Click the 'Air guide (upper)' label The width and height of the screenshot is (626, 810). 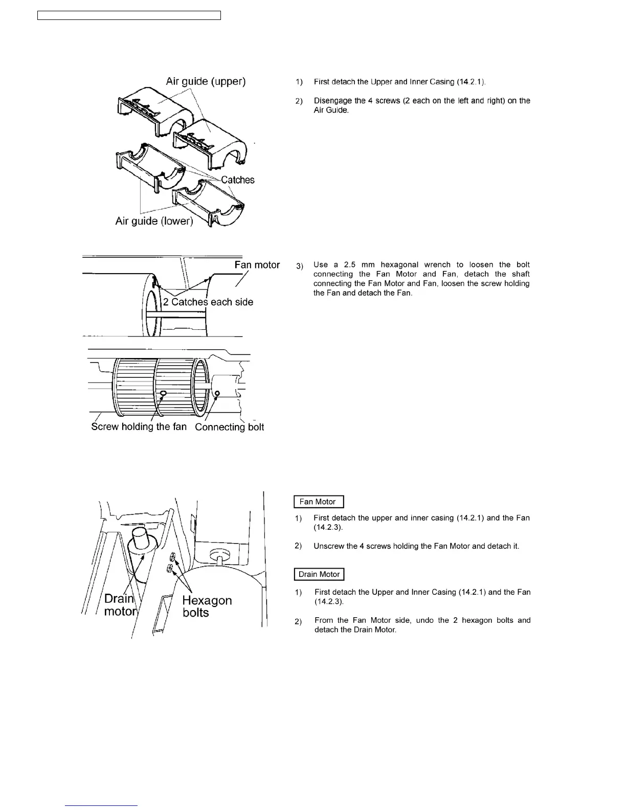click(206, 81)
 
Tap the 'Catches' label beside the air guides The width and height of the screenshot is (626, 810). click(237, 180)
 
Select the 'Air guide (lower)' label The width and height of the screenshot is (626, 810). click(154, 221)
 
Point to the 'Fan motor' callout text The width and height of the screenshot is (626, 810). click(257, 265)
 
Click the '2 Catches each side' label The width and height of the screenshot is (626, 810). click(208, 302)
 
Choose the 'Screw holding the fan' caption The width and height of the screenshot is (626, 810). click(139, 426)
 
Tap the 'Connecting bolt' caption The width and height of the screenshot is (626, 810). click(229, 427)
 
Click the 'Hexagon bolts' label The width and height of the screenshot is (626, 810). click(207, 606)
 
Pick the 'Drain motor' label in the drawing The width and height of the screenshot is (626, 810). click(120, 605)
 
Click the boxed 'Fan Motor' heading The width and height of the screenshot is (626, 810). click(318, 502)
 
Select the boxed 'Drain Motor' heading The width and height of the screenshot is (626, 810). click(319, 574)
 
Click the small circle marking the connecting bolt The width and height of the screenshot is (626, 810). click(217, 394)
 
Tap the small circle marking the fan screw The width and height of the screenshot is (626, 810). click(164, 393)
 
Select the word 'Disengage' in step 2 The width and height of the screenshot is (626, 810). click(332, 101)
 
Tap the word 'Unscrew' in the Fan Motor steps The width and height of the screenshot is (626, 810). click(328, 546)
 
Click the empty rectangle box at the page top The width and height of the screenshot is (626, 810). click(129, 15)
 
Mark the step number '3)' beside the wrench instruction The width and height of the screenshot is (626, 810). click(300, 265)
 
